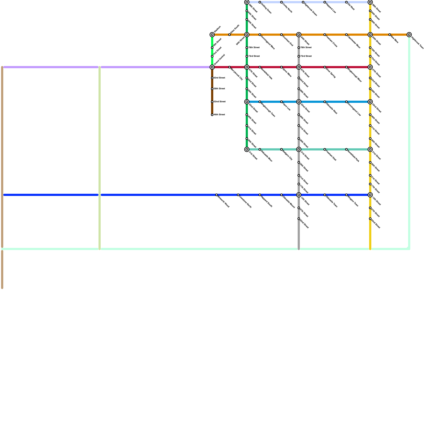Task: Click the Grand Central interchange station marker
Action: coord(212,67)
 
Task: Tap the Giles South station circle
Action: coord(229,35)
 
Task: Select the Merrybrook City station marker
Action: coord(229,67)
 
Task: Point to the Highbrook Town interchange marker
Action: coord(409,35)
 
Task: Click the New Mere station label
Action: coord(395,40)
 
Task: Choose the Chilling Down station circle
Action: coord(260,2)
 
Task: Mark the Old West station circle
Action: coord(346,2)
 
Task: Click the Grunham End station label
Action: coord(288,41)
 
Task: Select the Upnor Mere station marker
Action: coord(281,67)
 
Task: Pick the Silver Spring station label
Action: coord(331,73)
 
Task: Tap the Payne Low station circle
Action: coord(281,102)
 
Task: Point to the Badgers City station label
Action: coord(287,155)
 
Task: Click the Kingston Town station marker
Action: coord(346,195)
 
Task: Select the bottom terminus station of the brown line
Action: coord(212,115)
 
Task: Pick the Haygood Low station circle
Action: coord(325,2)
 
